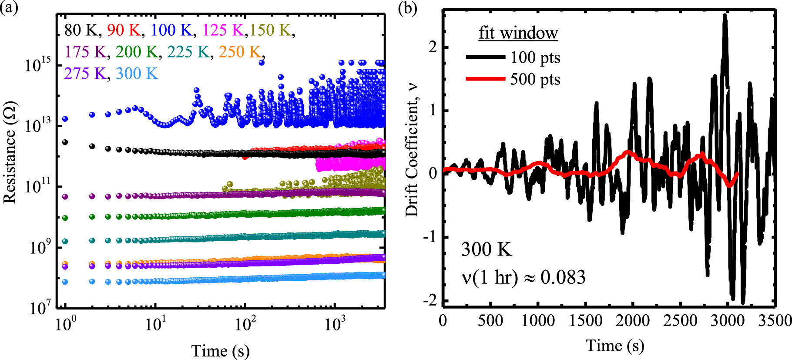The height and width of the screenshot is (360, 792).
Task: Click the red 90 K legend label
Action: coord(124,30)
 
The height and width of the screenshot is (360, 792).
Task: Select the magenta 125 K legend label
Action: coord(222,30)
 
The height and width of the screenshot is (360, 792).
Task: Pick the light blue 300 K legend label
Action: coord(137,74)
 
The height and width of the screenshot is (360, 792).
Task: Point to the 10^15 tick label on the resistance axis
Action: coord(38,65)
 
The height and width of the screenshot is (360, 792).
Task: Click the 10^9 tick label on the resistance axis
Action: coord(40,247)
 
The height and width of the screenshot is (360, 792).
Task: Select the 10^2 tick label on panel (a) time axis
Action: coord(245,324)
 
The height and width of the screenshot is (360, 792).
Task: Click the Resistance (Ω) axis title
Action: coord(10,152)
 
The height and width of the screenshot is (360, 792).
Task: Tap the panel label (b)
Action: coord(407,9)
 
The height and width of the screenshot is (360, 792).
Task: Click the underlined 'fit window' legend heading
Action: coord(518,33)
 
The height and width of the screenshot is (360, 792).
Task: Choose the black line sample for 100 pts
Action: coord(485,57)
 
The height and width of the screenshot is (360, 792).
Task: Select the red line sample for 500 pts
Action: coord(485,79)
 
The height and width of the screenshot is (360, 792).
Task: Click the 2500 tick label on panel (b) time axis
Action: coord(679,321)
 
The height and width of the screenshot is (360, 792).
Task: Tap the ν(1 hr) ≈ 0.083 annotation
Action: coord(523,277)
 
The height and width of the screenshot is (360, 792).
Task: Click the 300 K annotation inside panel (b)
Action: coord(487,249)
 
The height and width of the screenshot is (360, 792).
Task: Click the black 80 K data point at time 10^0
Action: coord(65,142)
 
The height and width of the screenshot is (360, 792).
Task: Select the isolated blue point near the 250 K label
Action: coord(262,63)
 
